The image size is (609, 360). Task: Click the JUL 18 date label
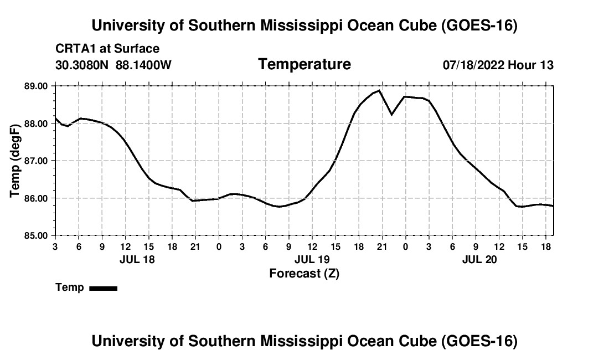click(x=137, y=259)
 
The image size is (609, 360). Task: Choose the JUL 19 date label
click(x=312, y=259)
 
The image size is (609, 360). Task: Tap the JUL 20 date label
click(x=479, y=259)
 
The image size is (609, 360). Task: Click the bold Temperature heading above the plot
click(x=304, y=64)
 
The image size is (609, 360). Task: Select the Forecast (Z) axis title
click(x=304, y=274)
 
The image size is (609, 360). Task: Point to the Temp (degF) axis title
click(x=14, y=161)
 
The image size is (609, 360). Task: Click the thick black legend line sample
click(x=104, y=289)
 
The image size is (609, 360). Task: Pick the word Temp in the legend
click(x=70, y=287)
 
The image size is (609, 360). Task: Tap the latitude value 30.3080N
click(x=82, y=65)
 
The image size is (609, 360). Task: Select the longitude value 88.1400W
click(x=143, y=65)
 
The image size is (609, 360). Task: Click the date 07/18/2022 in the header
click(x=473, y=65)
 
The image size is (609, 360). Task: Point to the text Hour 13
click(x=530, y=65)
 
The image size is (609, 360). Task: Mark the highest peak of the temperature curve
click(x=379, y=90)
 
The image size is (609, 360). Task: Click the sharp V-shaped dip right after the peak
click(x=391, y=115)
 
